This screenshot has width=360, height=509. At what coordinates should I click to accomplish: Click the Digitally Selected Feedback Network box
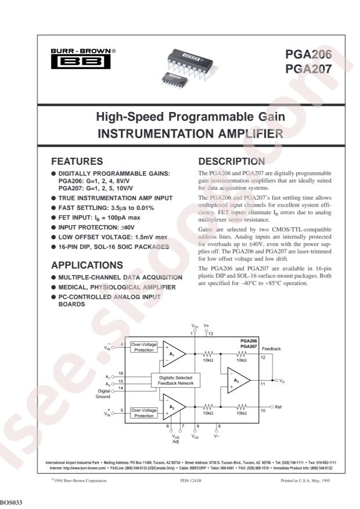click(x=175, y=380)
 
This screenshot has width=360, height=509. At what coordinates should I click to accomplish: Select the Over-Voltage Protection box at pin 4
click(x=143, y=347)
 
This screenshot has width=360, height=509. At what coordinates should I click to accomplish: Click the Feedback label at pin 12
click(x=271, y=348)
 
